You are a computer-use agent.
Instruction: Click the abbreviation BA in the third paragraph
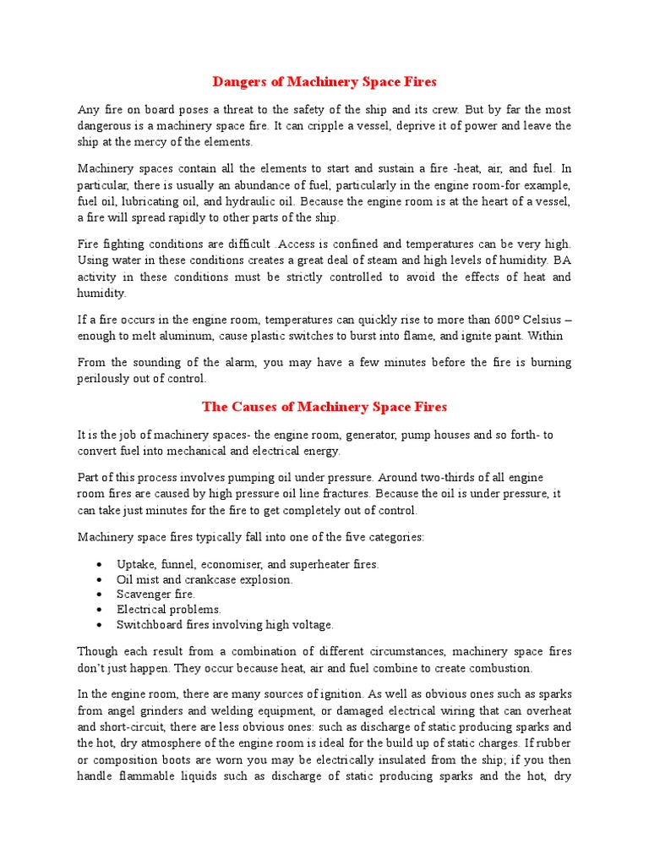coord(562,261)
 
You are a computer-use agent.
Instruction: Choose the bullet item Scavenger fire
coord(156,595)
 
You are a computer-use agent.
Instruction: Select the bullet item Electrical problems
coord(169,610)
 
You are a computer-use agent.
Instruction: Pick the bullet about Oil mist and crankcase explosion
coord(205,579)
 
